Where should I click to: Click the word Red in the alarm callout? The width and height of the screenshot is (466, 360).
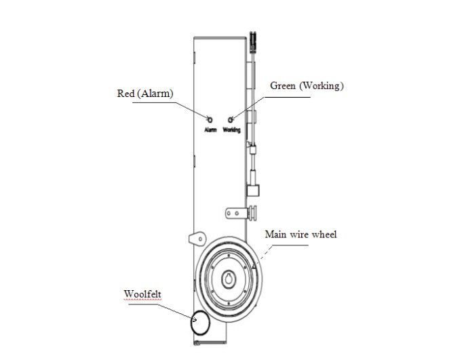coord(125,94)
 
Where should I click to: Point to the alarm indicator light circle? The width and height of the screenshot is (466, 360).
coord(210,119)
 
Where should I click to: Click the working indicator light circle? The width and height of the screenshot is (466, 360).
coord(231,119)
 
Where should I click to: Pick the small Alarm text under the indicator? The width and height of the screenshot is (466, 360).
coord(210,129)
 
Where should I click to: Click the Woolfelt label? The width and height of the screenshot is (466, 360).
coord(142,294)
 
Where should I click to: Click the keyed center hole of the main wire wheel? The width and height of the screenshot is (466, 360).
coord(228,280)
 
